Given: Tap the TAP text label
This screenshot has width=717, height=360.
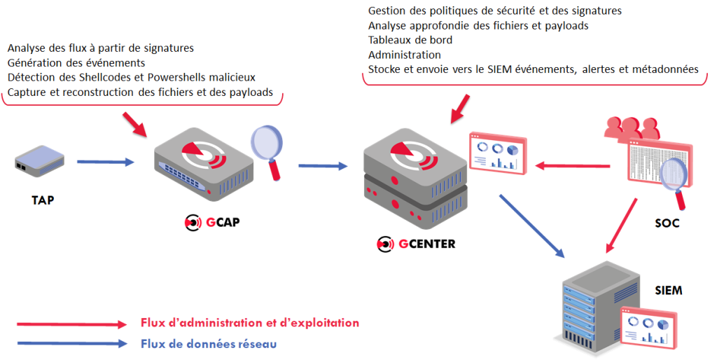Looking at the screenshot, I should point(43,200).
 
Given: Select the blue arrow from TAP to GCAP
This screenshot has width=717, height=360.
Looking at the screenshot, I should point(105,162).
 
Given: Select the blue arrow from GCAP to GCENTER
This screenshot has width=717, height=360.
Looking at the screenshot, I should point(323,166).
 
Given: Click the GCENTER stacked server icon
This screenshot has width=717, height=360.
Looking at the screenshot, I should point(413,179).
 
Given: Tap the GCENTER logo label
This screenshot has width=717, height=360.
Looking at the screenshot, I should point(416,244).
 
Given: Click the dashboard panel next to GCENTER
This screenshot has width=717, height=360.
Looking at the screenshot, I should point(496,153).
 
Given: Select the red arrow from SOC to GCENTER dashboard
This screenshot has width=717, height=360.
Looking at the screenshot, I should point(574,167).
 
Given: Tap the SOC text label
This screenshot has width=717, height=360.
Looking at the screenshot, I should point(667,224).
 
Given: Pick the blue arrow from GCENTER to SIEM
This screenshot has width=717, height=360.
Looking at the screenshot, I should point(531,225).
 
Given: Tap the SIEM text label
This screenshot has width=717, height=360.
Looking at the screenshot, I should point(668,290).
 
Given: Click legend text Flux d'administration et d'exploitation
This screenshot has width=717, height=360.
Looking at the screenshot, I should point(249,323).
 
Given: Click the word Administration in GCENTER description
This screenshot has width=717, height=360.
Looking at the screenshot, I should point(404,55).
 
